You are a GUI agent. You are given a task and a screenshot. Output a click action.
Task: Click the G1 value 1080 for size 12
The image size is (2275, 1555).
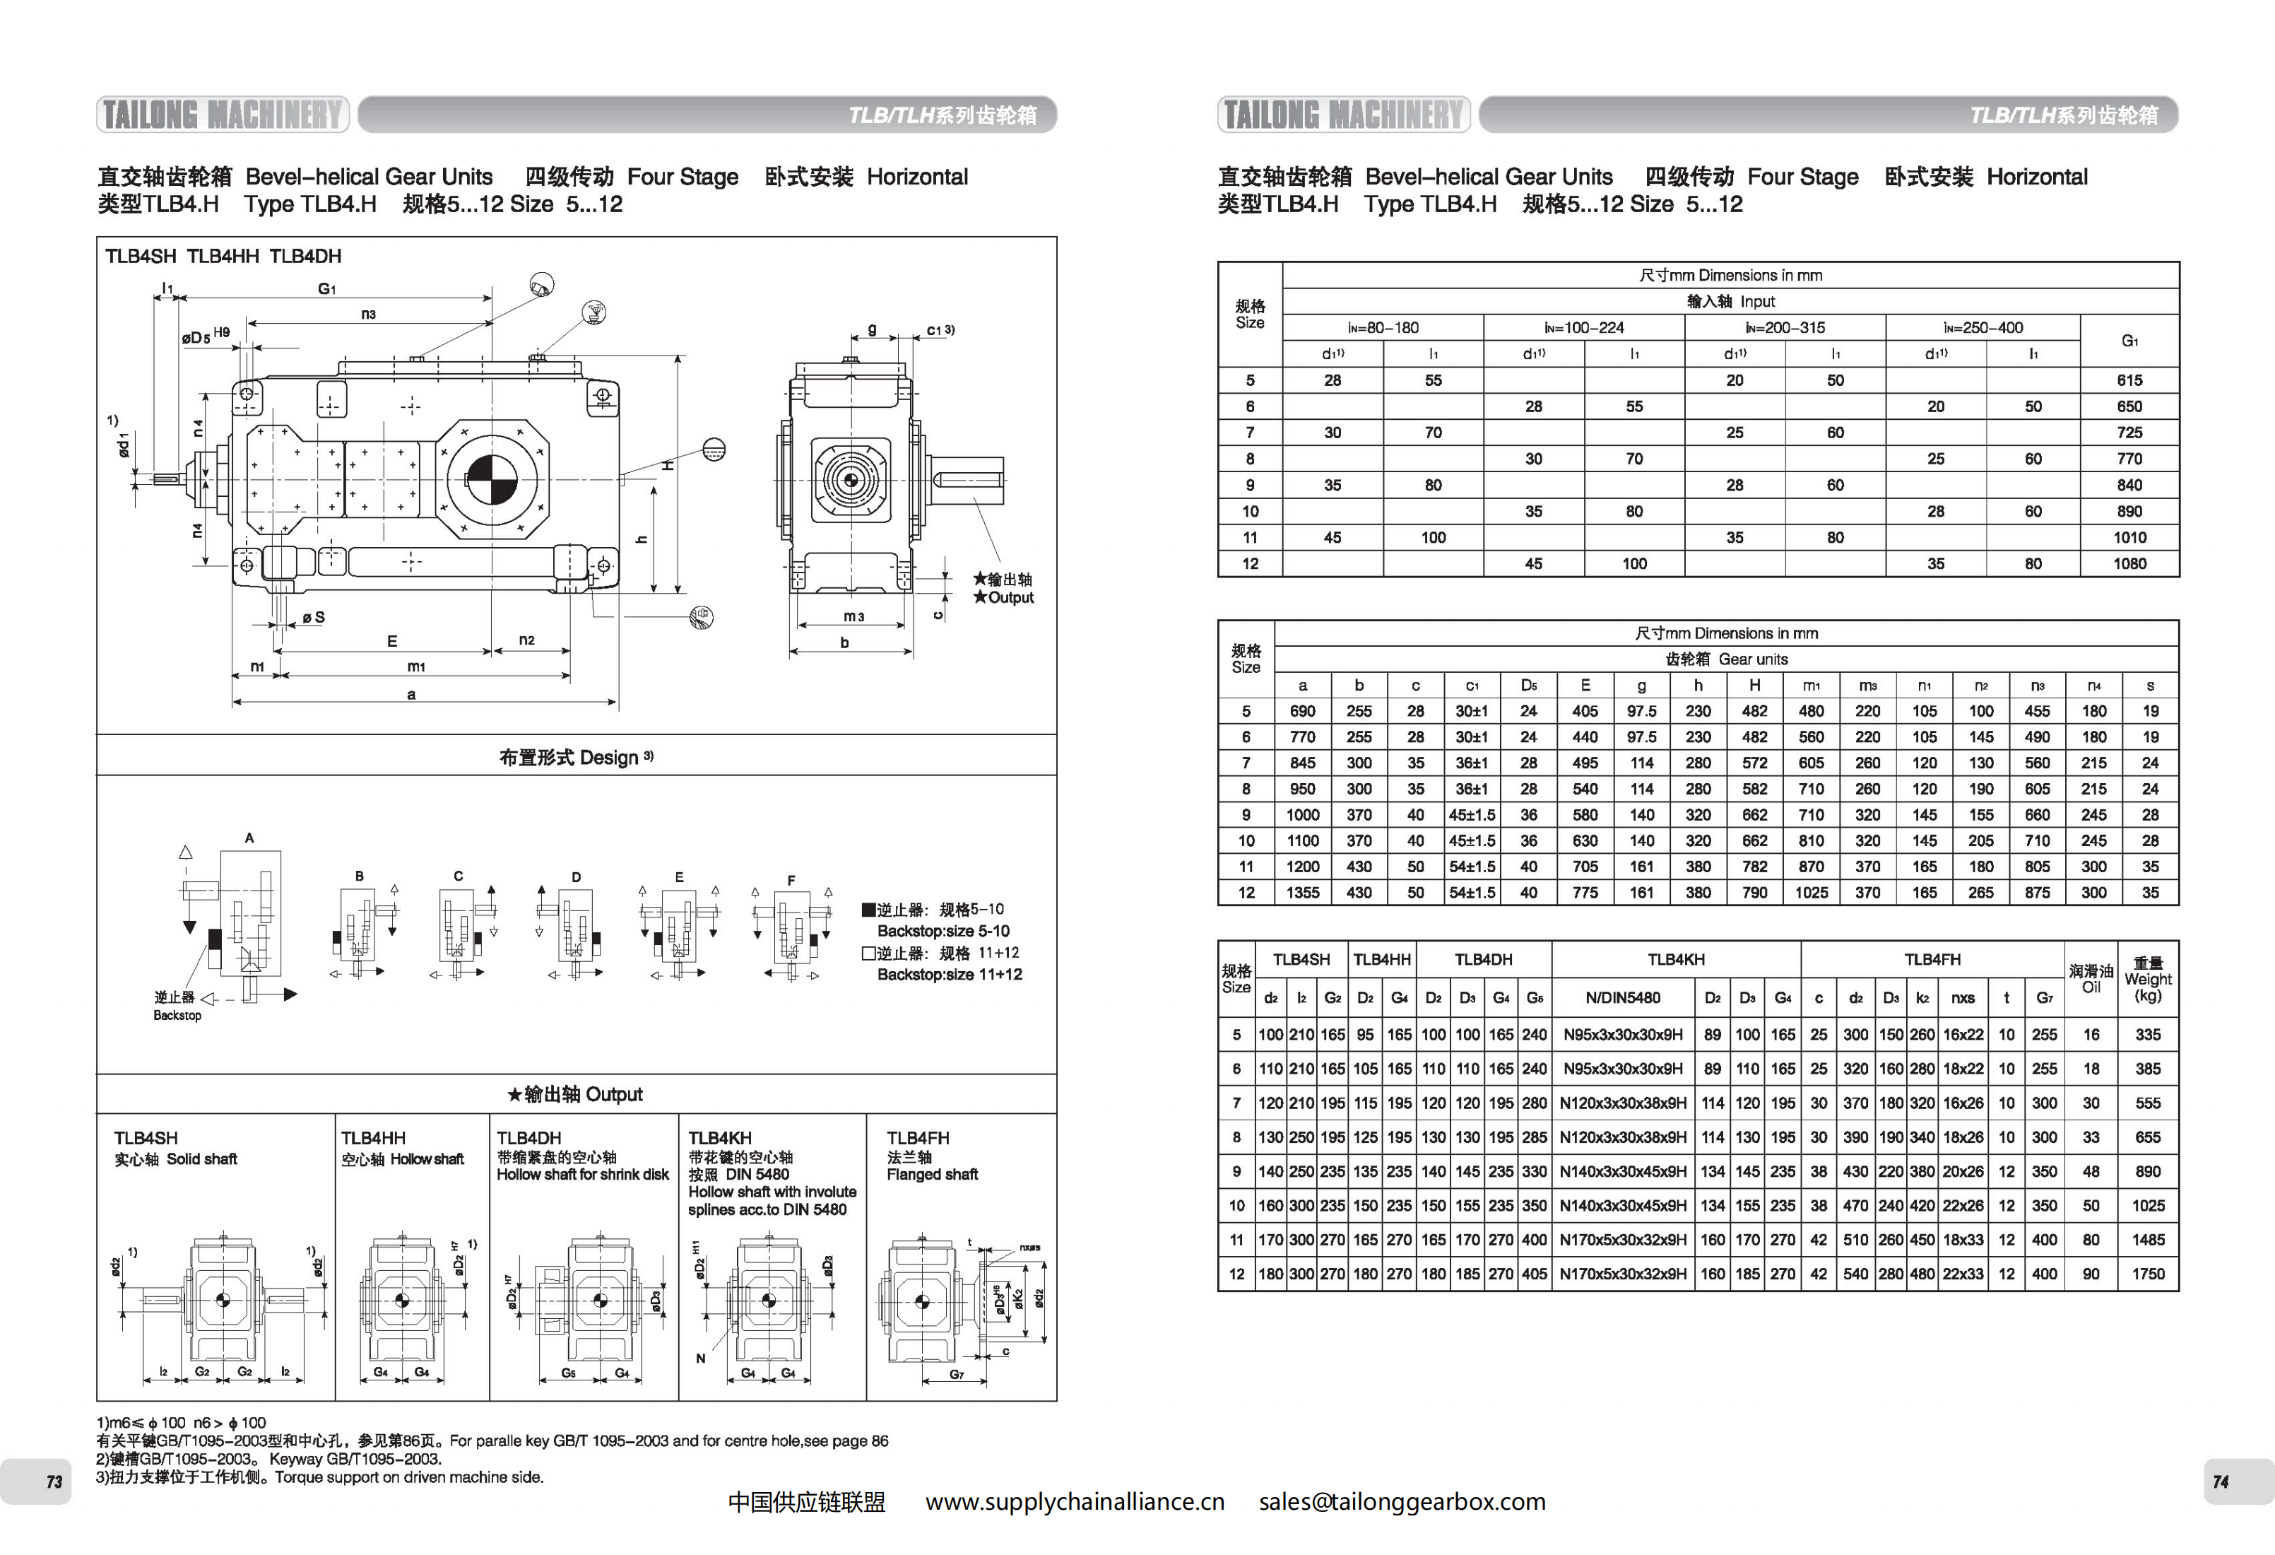2129,564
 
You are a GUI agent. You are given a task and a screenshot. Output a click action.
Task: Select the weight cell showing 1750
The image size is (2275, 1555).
2148,1274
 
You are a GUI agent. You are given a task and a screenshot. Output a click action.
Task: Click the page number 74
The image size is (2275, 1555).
2220,1481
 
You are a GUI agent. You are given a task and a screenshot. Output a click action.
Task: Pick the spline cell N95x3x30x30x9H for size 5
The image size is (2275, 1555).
1622,1035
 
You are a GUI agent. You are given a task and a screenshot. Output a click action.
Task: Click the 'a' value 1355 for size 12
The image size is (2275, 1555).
1302,893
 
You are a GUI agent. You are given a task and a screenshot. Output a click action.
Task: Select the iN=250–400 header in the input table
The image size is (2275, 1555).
1982,328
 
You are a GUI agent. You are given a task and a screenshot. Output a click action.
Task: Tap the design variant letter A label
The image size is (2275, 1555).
249,838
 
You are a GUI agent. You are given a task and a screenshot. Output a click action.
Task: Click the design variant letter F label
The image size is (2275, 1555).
791,880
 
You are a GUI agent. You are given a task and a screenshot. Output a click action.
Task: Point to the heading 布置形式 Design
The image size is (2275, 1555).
576,757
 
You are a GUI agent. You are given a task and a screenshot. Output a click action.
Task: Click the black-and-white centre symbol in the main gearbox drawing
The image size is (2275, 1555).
492,479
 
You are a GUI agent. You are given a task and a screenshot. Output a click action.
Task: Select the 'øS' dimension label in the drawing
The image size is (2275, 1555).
313,618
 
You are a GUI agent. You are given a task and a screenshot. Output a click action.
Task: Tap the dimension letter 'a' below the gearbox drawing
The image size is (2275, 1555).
411,694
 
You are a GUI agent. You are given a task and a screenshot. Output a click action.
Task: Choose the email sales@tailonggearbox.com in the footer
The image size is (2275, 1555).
1402,1502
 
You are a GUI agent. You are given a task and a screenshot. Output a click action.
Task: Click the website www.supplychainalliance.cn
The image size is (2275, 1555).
1074,1502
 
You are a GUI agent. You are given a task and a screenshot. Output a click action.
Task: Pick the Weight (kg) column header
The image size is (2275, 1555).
2148,979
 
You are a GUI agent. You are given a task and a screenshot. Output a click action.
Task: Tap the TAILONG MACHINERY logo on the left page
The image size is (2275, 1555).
223,115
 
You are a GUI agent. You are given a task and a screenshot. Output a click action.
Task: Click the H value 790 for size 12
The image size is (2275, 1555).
1754,893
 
